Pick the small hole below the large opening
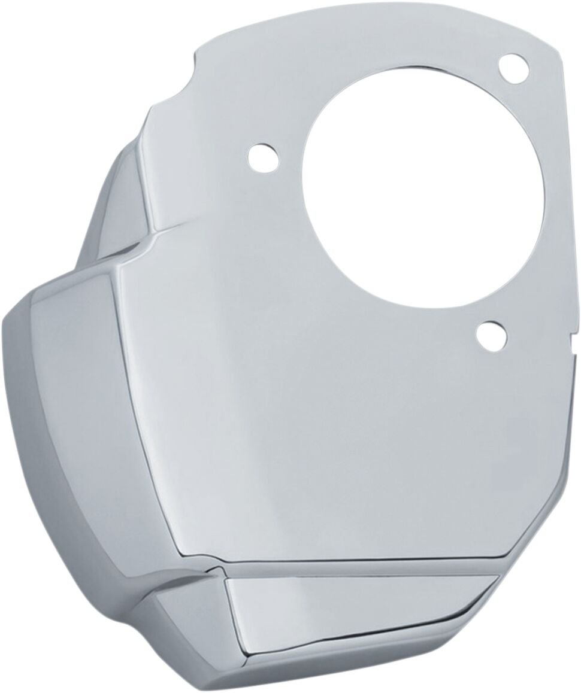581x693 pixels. [491, 336]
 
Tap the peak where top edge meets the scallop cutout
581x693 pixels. [198, 54]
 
